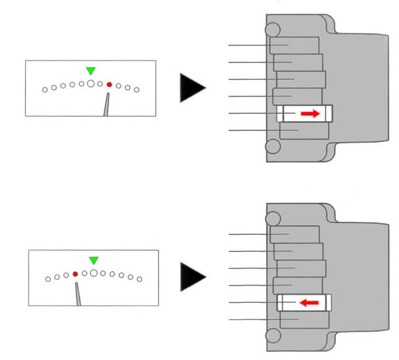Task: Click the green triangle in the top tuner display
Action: (91, 70)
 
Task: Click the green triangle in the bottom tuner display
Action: (94, 261)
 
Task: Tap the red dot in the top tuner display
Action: (109, 85)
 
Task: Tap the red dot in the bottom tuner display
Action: (76, 274)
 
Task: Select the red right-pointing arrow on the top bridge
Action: (310, 114)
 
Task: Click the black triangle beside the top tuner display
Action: (191, 88)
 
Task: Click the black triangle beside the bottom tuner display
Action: (191, 276)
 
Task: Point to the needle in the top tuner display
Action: (106, 105)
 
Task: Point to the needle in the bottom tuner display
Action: (78, 294)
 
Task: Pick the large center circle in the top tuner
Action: (91, 84)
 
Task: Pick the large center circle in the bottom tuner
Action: (94, 272)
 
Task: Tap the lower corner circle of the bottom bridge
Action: (273, 335)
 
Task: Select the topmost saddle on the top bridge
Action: (294, 45)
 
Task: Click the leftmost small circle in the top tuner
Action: (45, 90)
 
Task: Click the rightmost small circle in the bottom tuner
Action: (140, 279)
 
